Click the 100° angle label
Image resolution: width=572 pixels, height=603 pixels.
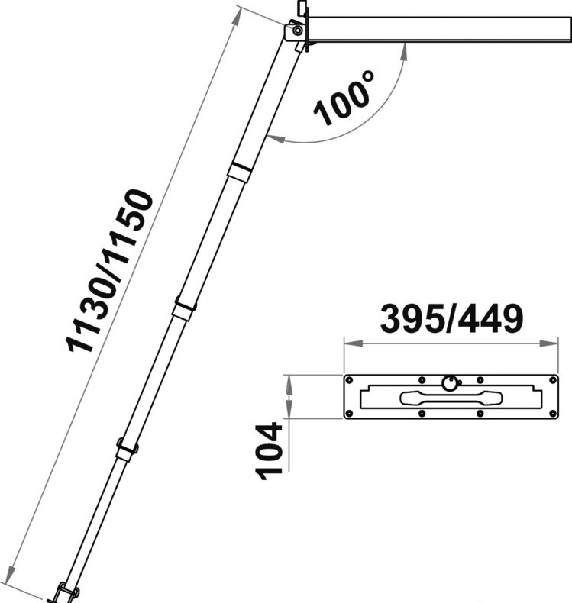pyautogui.click(x=344, y=98)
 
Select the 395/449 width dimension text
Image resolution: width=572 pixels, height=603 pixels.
pyautogui.click(x=451, y=319)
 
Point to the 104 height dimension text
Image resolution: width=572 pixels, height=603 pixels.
pyautogui.click(x=270, y=450)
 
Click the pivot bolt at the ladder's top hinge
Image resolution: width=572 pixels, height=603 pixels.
pyautogui.click(x=297, y=31)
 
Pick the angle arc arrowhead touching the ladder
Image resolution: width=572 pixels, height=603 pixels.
pyautogui.click(x=276, y=139)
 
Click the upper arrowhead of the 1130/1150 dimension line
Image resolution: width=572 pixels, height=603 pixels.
pyautogui.click(x=238, y=16)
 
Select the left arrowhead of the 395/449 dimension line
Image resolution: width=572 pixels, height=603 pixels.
pyautogui.click(x=353, y=343)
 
